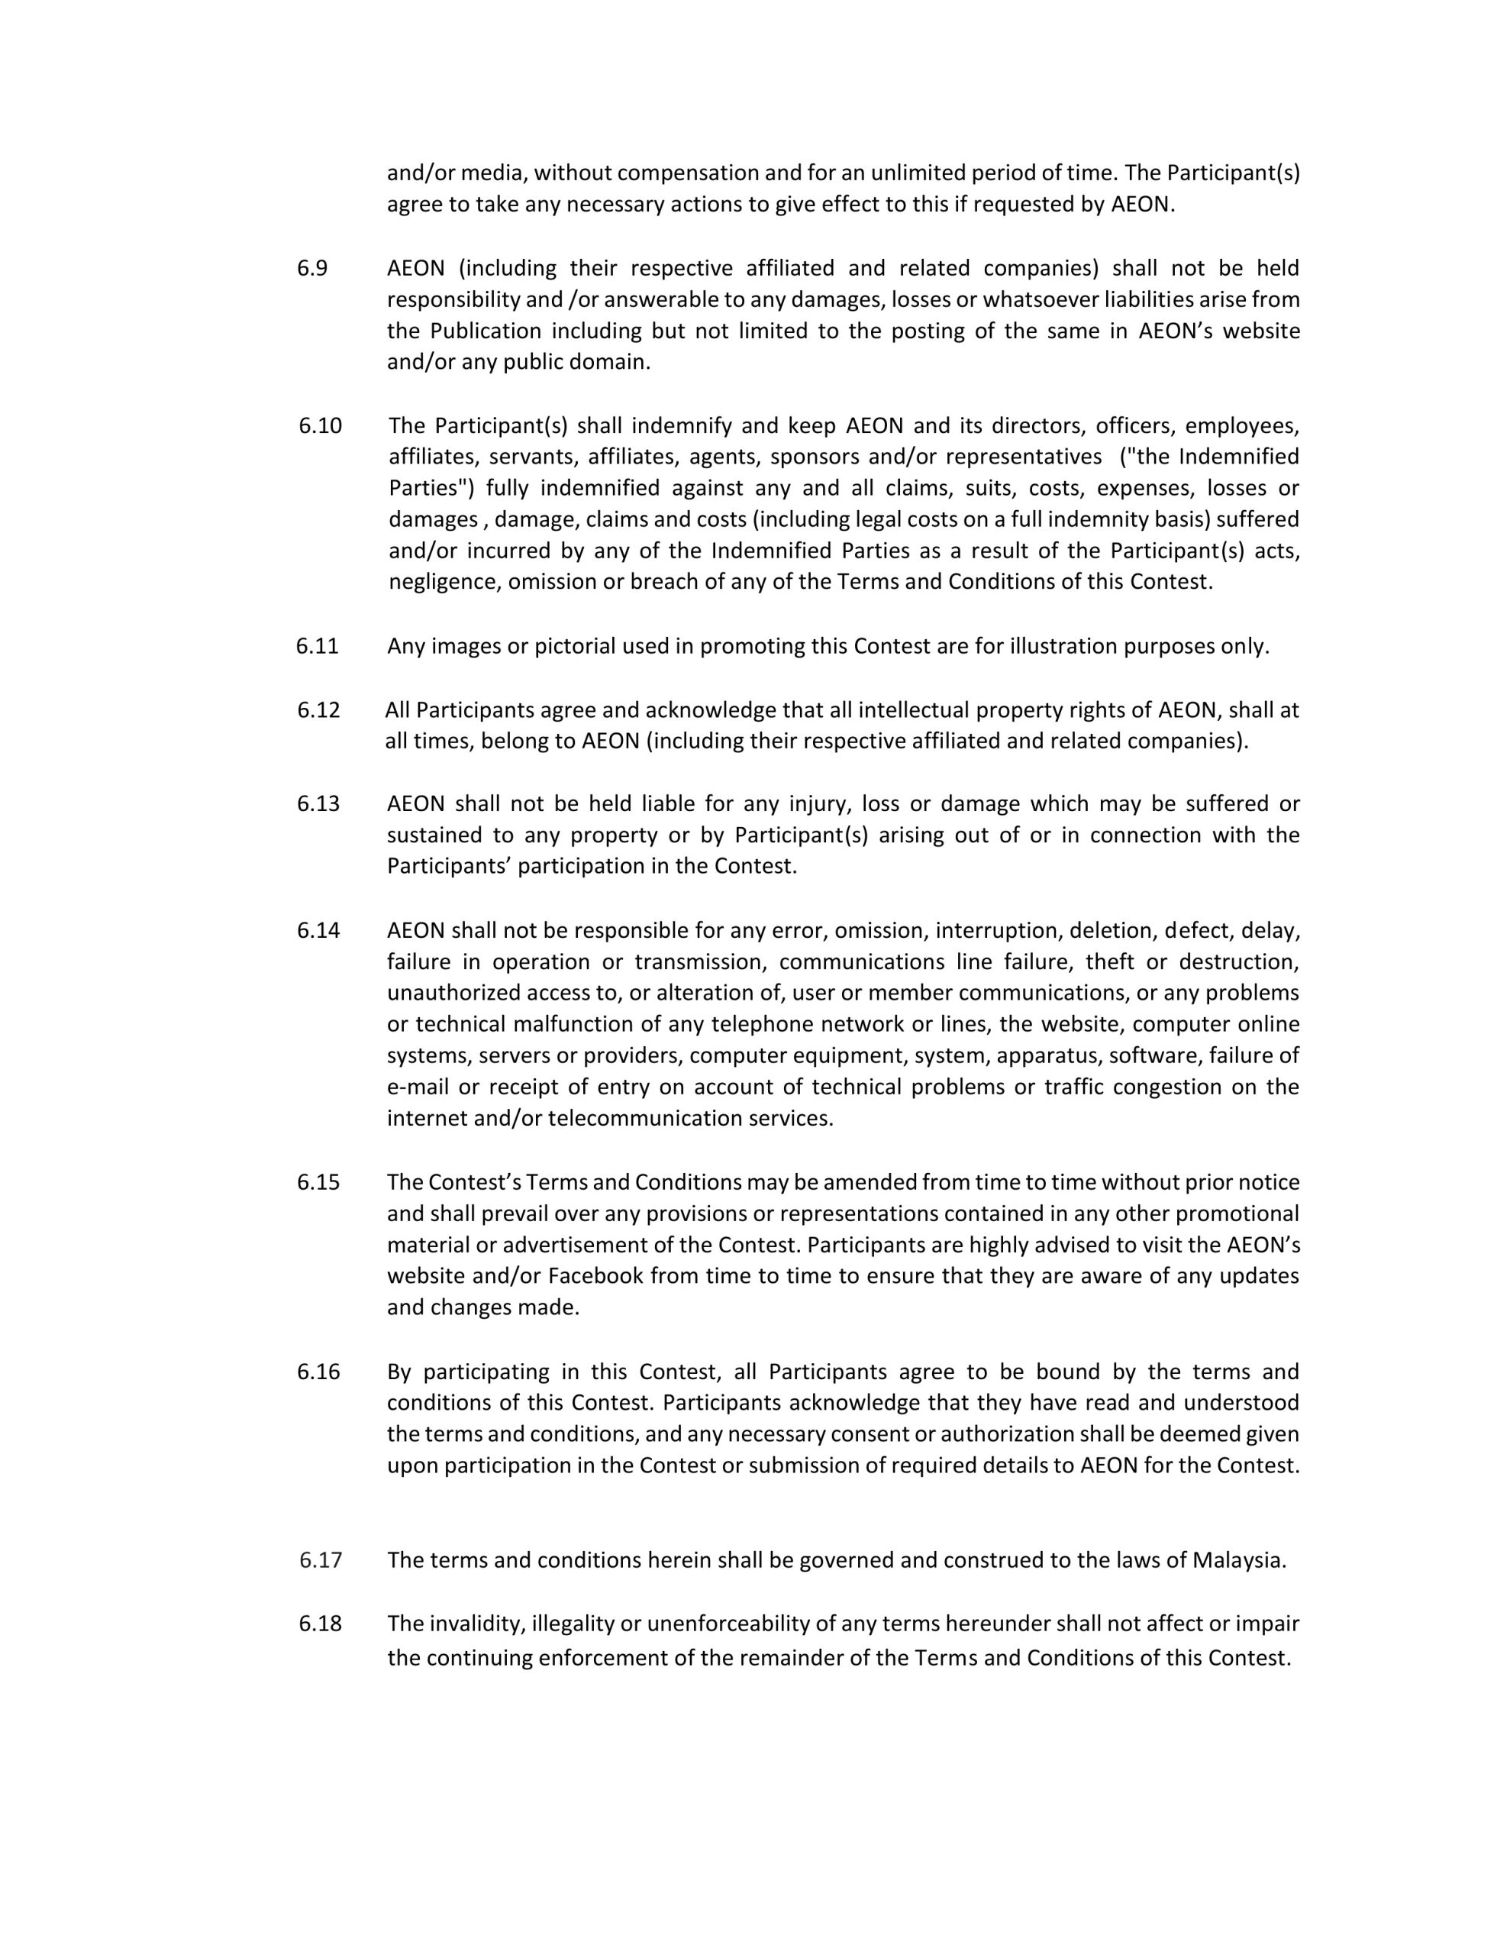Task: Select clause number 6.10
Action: coord(320,425)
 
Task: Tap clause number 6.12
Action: coord(318,710)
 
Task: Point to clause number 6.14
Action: coord(318,930)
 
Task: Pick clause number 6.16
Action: coord(318,1372)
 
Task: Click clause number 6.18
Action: coord(320,1623)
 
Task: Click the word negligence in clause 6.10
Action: coord(444,582)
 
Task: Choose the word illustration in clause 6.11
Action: coord(1063,646)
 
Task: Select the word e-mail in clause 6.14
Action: coord(416,1087)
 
